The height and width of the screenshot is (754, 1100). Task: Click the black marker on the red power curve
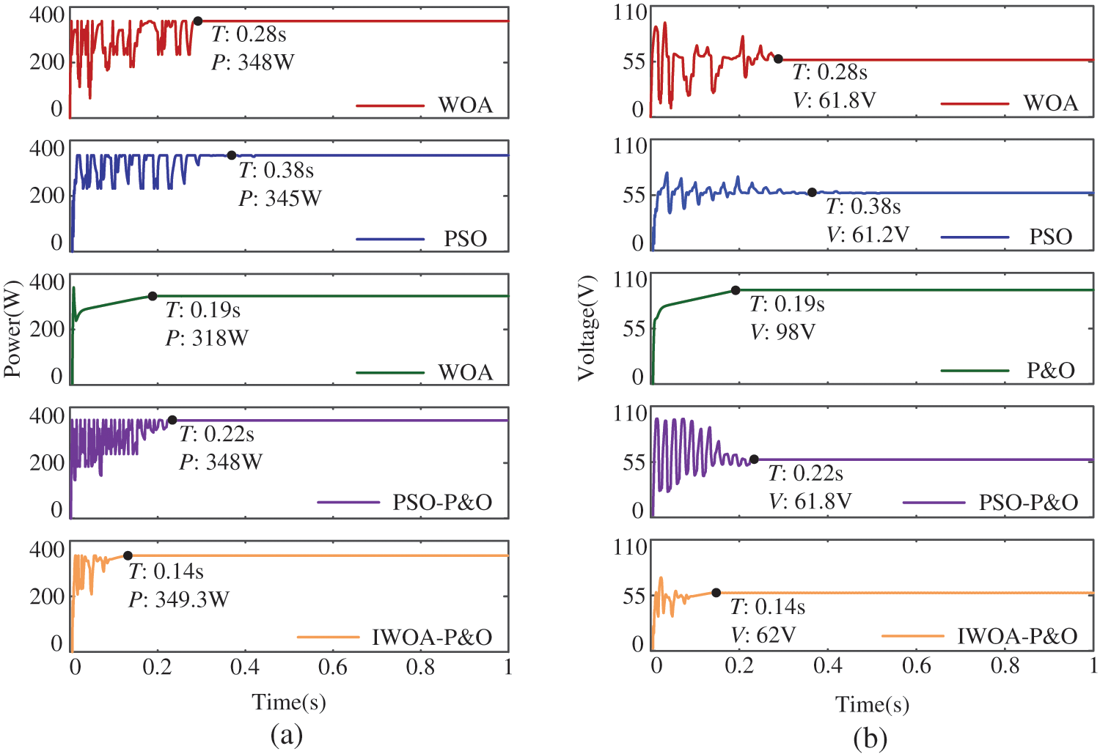197,21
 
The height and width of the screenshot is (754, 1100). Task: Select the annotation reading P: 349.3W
179,600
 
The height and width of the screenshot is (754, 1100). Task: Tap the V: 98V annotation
782,333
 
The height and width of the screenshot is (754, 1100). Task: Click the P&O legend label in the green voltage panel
1050,371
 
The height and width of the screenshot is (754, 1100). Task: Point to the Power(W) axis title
12,328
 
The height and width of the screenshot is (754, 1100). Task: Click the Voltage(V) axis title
586,328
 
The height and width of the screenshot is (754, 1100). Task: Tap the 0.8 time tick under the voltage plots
1005,665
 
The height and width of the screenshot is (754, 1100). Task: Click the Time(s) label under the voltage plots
872,705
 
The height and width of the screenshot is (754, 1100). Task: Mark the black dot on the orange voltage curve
716,593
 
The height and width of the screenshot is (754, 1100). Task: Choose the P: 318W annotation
207,339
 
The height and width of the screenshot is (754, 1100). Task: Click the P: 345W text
280,199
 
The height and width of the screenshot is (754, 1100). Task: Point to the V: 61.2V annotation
868,234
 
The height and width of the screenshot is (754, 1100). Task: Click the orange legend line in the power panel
329,637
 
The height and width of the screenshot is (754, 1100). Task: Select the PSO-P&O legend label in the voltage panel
1028,503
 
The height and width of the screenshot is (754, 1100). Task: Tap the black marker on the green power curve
153,296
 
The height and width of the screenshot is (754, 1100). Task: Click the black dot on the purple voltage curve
754,459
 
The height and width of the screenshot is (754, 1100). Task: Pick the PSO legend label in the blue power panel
465,239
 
